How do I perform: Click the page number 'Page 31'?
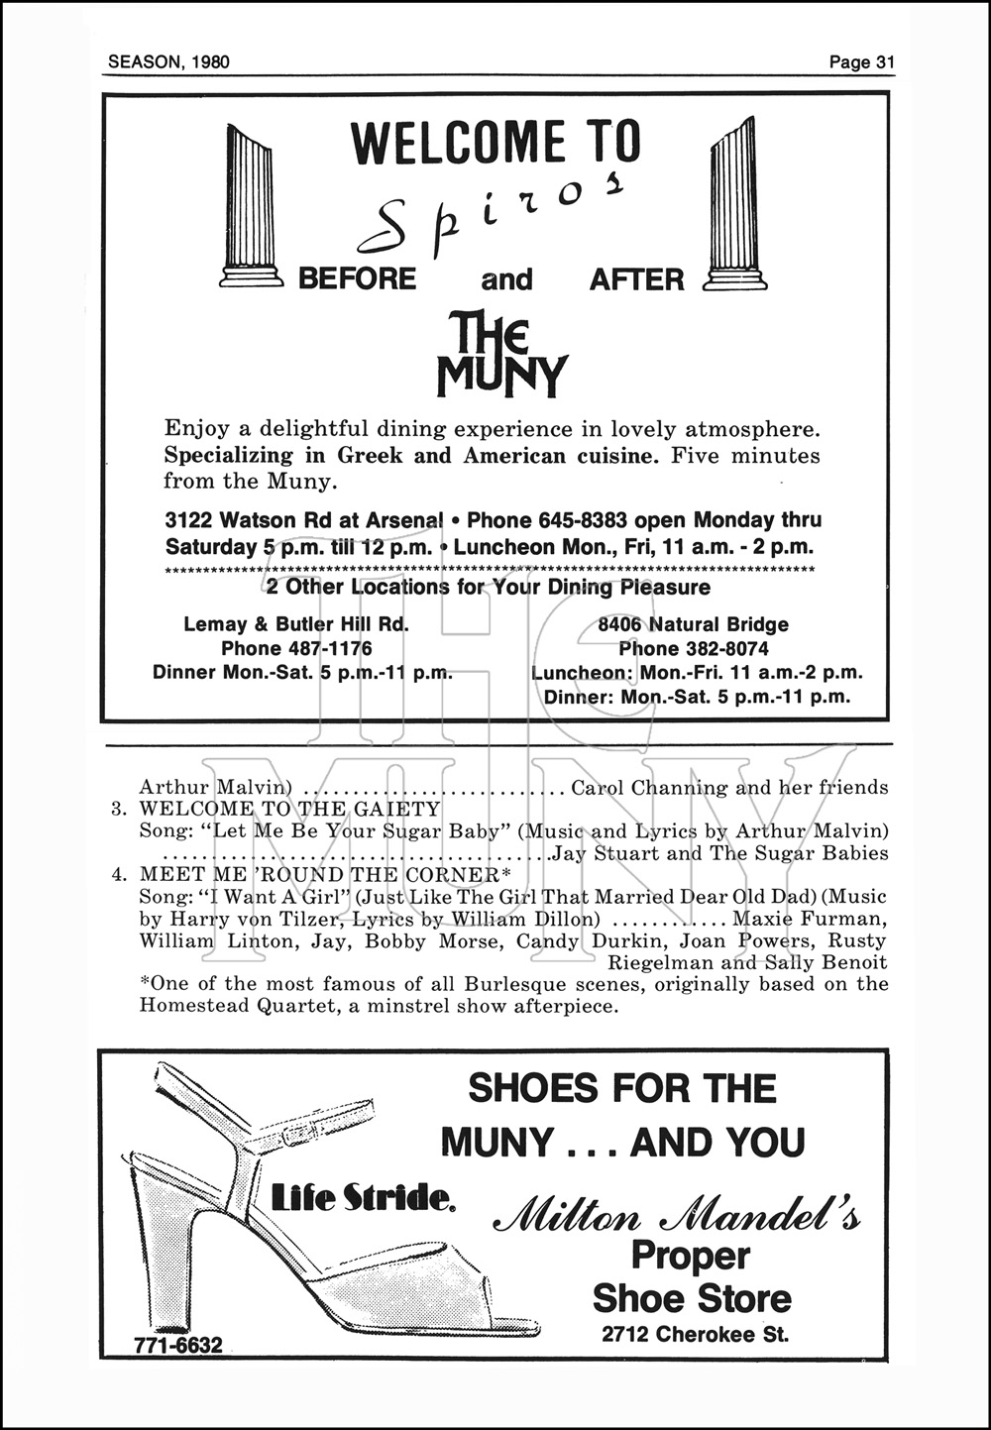pyautogui.click(x=862, y=62)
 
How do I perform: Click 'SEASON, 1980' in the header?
pyautogui.click(x=168, y=62)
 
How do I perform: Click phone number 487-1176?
pyautogui.click(x=296, y=649)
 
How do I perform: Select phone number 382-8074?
pyautogui.click(x=693, y=649)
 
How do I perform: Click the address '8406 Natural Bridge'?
pyautogui.click(x=693, y=625)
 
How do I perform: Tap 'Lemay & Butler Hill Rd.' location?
pyautogui.click(x=296, y=625)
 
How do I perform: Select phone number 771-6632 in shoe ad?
pyautogui.click(x=178, y=1345)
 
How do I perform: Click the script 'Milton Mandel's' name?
pyautogui.click(x=677, y=1216)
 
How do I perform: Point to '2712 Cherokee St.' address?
pyautogui.click(x=695, y=1334)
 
